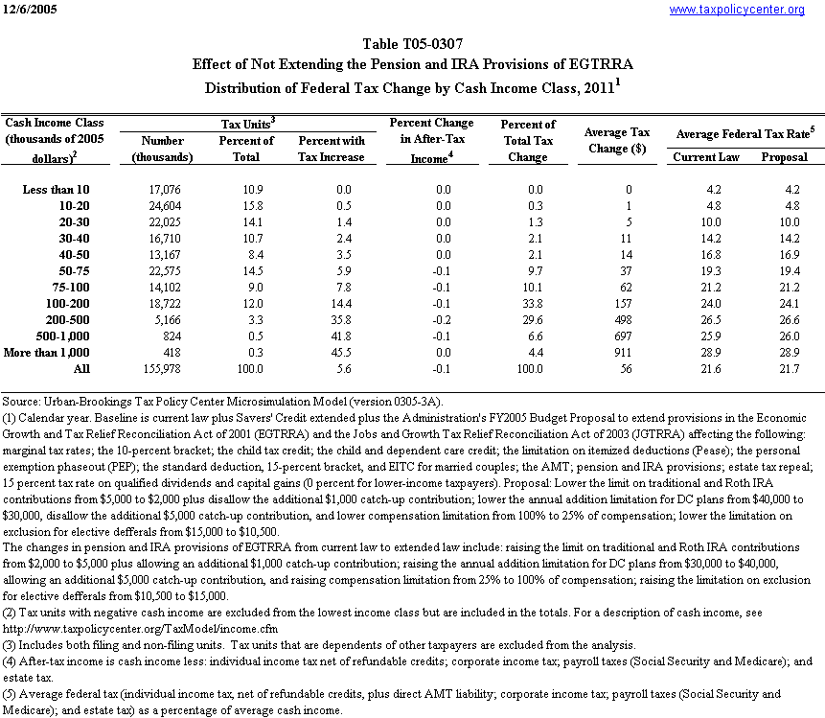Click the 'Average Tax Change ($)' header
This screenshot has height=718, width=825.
pyautogui.click(x=618, y=140)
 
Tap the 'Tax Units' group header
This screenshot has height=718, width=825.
pyautogui.click(x=248, y=124)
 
